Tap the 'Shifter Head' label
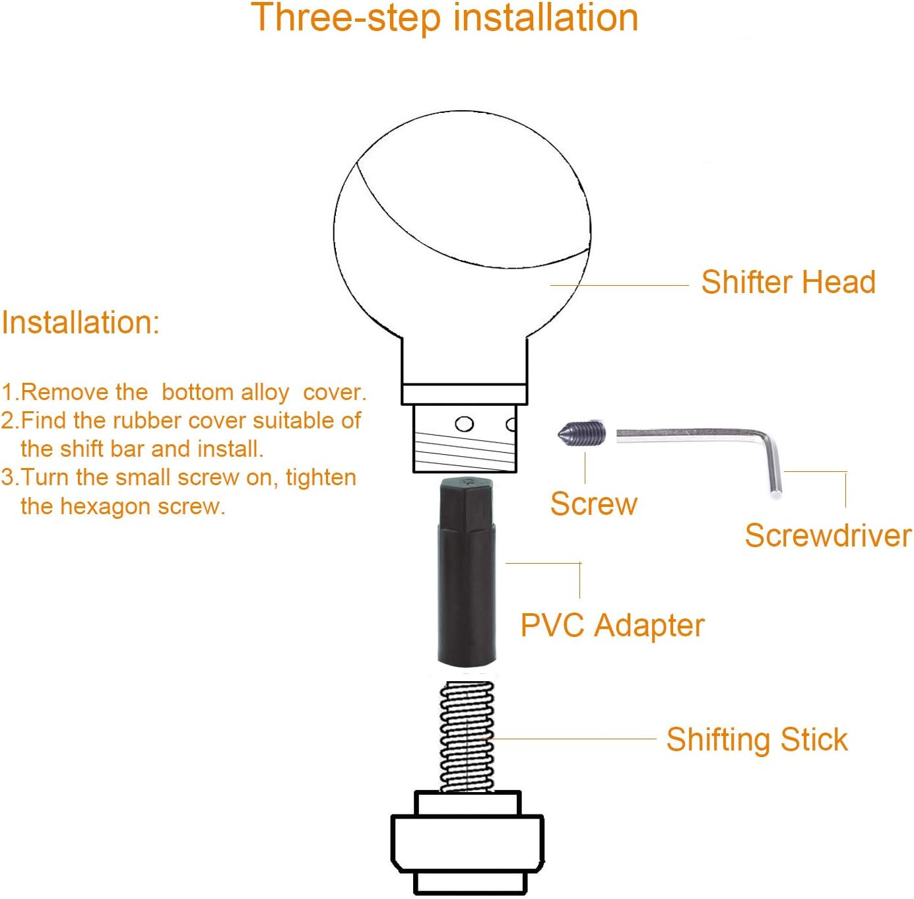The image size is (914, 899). point(789,283)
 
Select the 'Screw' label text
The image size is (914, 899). point(593,504)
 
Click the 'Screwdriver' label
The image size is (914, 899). point(828,535)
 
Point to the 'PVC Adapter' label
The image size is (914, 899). point(612,625)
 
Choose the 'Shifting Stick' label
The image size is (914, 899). point(757,740)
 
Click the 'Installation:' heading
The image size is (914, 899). point(81,323)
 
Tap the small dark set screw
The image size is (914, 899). point(582,432)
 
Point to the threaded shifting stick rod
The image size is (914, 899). point(467,737)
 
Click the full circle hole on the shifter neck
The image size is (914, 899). point(464,424)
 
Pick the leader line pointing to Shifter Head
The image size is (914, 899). point(620,285)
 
